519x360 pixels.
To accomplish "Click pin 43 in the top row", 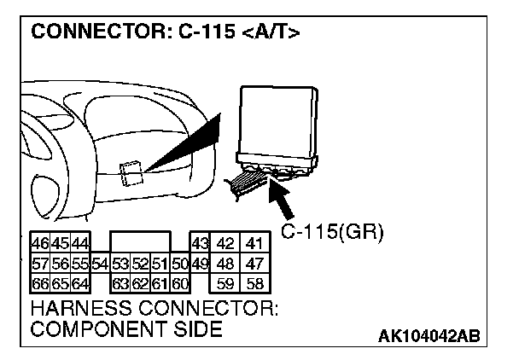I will (x=200, y=243).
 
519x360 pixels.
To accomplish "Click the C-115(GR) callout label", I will (x=333, y=230).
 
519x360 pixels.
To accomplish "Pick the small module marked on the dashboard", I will (x=131, y=173).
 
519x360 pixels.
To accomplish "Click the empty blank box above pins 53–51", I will (x=140, y=242).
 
